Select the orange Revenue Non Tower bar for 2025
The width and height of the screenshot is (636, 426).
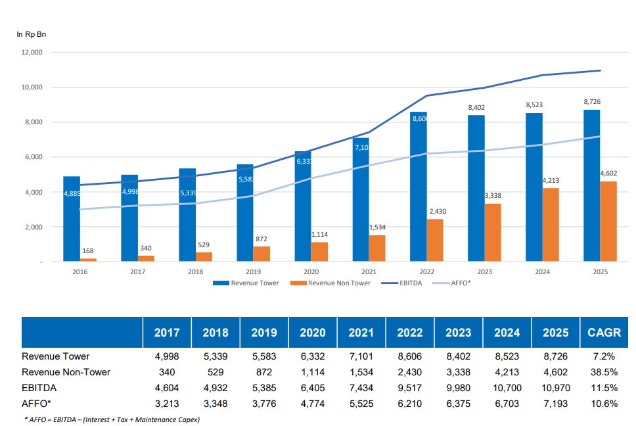pos(608,222)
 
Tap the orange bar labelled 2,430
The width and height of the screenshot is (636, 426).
pos(435,240)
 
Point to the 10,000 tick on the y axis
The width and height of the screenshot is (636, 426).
pos(33,87)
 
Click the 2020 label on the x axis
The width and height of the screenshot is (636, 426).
pos(311,272)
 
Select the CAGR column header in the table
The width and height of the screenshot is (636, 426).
pos(604,332)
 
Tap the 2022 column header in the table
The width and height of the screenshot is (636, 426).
pos(410,332)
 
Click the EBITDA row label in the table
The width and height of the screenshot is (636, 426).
pos(39,388)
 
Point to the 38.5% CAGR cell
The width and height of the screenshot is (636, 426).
pos(604,372)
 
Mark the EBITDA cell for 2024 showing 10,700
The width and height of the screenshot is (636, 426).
pos(507,388)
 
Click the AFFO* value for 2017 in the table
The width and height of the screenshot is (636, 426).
pos(167,404)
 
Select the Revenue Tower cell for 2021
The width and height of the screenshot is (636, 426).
pos(361,356)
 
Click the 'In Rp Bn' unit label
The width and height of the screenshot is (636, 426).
pos(32,34)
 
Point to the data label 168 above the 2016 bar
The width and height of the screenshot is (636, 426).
pos(88,250)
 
